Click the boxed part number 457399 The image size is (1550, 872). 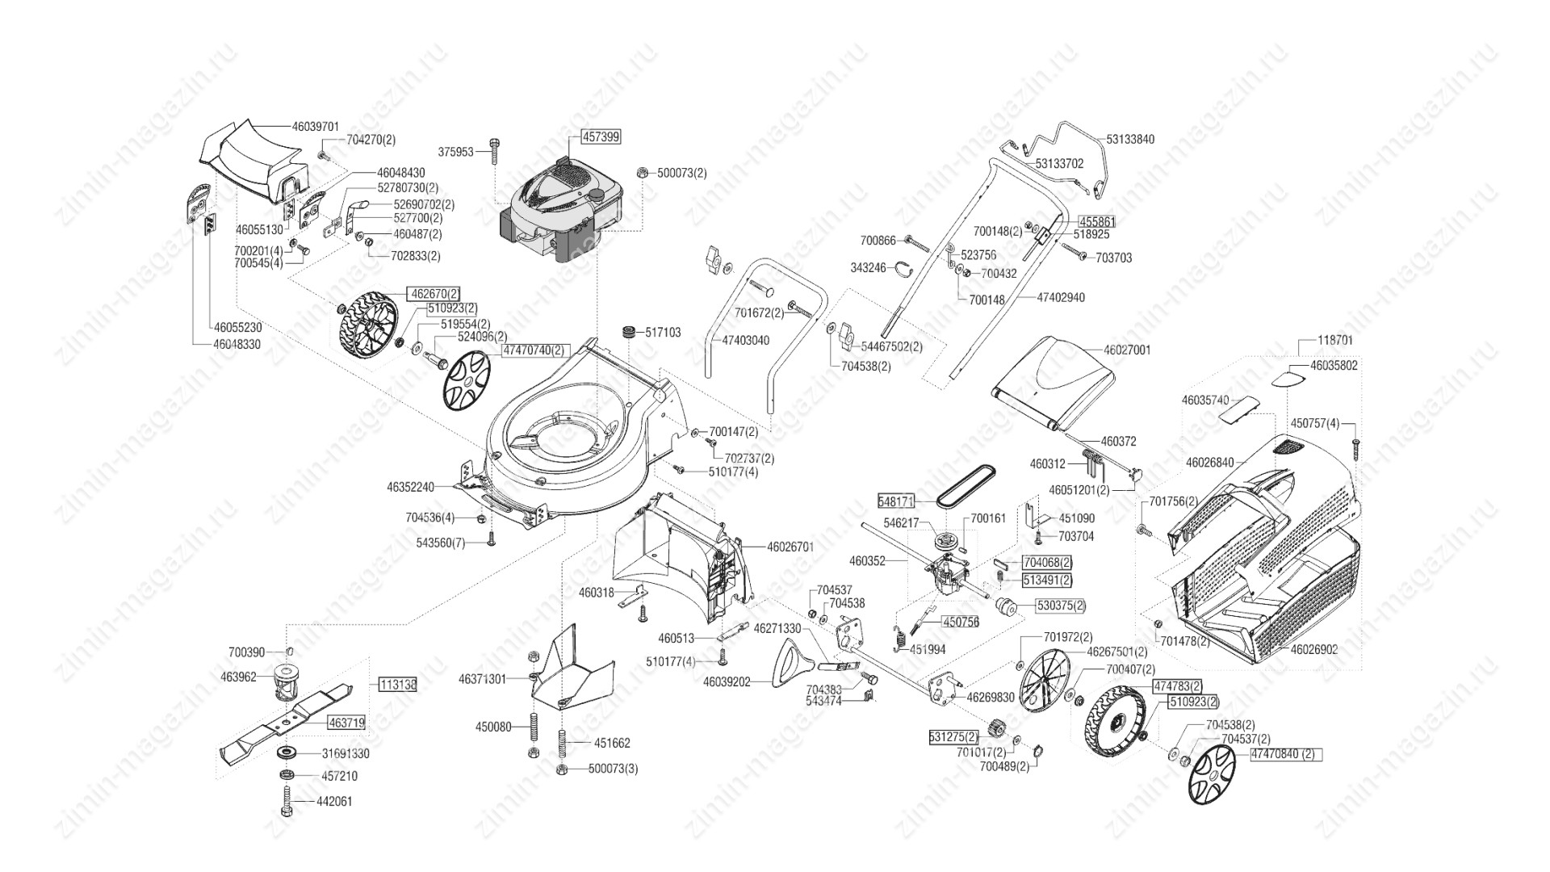point(600,137)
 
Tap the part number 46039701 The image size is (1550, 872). point(321,127)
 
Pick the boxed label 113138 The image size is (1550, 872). point(398,684)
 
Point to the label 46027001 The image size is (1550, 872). point(1127,350)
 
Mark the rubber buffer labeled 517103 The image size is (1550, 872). point(627,333)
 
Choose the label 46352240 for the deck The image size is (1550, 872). point(411,487)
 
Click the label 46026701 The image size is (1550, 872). point(790,547)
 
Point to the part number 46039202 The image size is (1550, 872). point(727,682)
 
